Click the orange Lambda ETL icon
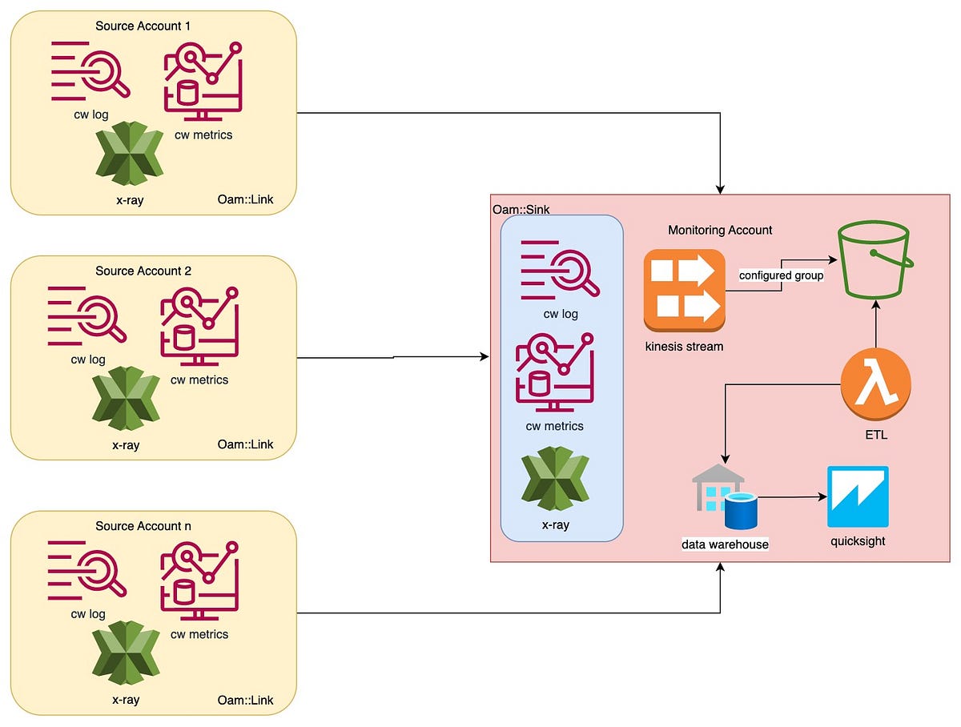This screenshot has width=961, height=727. click(876, 388)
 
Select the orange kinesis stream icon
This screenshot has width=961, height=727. click(684, 290)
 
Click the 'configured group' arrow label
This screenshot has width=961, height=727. click(781, 275)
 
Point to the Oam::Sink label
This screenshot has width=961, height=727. click(521, 209)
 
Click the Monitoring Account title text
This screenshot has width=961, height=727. click(720, 230)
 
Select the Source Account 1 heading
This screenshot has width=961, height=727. click(143, 26)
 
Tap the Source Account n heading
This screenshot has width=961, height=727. click(143, 526)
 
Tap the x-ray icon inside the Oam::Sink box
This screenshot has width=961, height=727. click(555, 482)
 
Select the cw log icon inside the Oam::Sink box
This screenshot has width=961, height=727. click(559, 275)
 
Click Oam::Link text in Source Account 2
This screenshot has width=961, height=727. click(245, 444)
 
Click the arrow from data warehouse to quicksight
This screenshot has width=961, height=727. click(791, 497)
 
